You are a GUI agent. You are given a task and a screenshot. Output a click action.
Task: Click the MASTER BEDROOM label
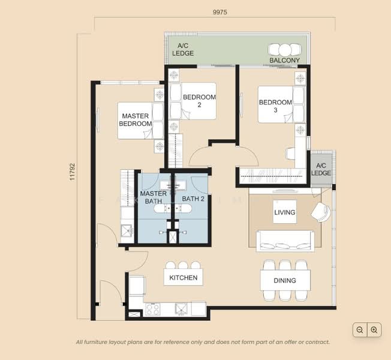click(x=135, y=119)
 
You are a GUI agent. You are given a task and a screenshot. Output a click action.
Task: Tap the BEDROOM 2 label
click(x=199, y=100)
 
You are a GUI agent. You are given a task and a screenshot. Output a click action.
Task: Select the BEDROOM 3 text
click(x=275, y=106)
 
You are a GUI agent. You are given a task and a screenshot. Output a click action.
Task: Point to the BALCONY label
click(x=285, y=61)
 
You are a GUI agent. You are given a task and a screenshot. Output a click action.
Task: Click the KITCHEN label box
click(x=183, y=278)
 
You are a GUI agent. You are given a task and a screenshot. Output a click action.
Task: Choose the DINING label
click(x=285, y=280)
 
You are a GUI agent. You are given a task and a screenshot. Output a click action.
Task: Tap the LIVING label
click(x=285, y=212)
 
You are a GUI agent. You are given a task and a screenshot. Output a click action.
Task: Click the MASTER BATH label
click(x=154, y=197)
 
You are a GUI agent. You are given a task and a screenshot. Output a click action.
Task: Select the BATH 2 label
click(x=194, y=198)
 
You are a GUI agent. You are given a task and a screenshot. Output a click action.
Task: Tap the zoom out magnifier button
click(x=359, y=329)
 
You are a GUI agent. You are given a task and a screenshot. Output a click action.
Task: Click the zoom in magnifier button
click(x=374, y=329)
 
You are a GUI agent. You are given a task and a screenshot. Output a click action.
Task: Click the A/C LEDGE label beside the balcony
click(x=183, y=49)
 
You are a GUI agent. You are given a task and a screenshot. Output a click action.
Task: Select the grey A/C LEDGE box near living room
click(x=321, y=169)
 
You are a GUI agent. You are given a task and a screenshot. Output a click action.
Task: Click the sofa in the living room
click(x=284, y=240)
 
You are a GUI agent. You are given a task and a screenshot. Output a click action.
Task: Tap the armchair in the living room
click(x=320, y=211)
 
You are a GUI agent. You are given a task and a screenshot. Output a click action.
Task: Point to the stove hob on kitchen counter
click(x=153, y=310)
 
